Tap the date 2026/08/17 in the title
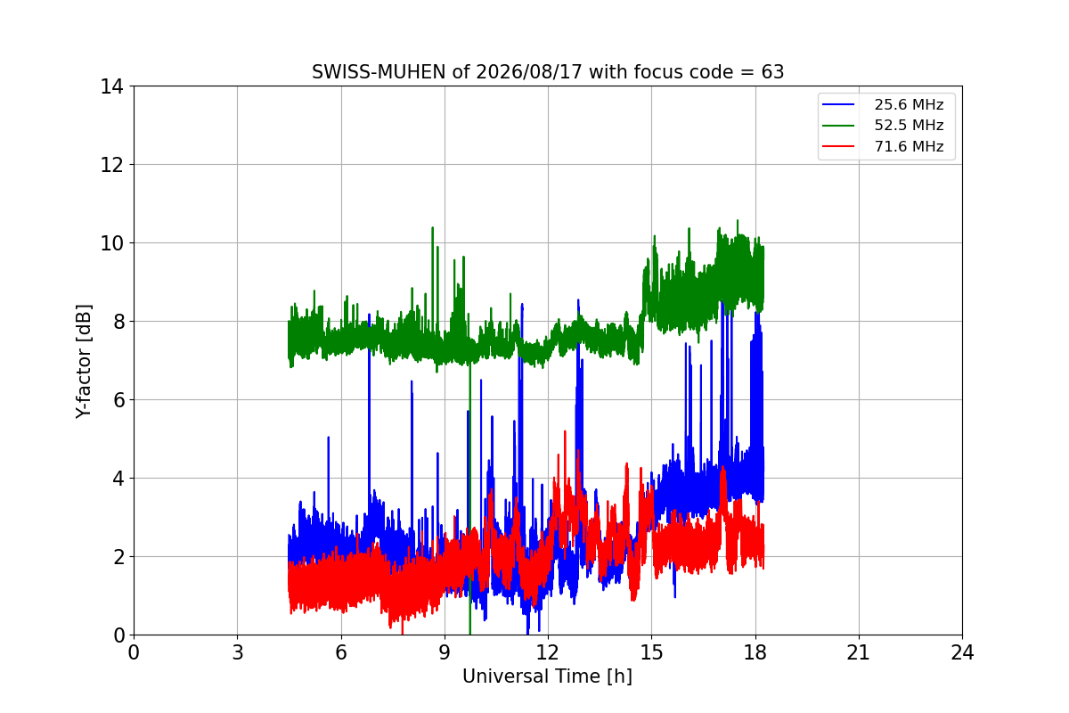pos(529,72)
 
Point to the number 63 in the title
pos(772,72)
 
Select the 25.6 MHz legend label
pos(909,104)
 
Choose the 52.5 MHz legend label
pos(909,125)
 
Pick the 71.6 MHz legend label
pos(909,146)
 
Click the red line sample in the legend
pos(838,146)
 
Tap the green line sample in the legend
pos(838,126)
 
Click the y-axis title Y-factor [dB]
pos(83,362)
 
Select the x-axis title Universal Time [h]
pos(547,676)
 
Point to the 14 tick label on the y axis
pos(111,86)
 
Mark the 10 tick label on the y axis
pos(111,243)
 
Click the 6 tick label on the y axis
pos(118,400)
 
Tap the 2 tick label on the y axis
pos(118,557)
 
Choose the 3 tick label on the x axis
pos(238,652)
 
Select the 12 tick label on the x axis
pos(548,652)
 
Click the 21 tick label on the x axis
pos(859,652)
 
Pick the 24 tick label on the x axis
pos(962,652)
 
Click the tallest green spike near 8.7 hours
pos(432,228)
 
